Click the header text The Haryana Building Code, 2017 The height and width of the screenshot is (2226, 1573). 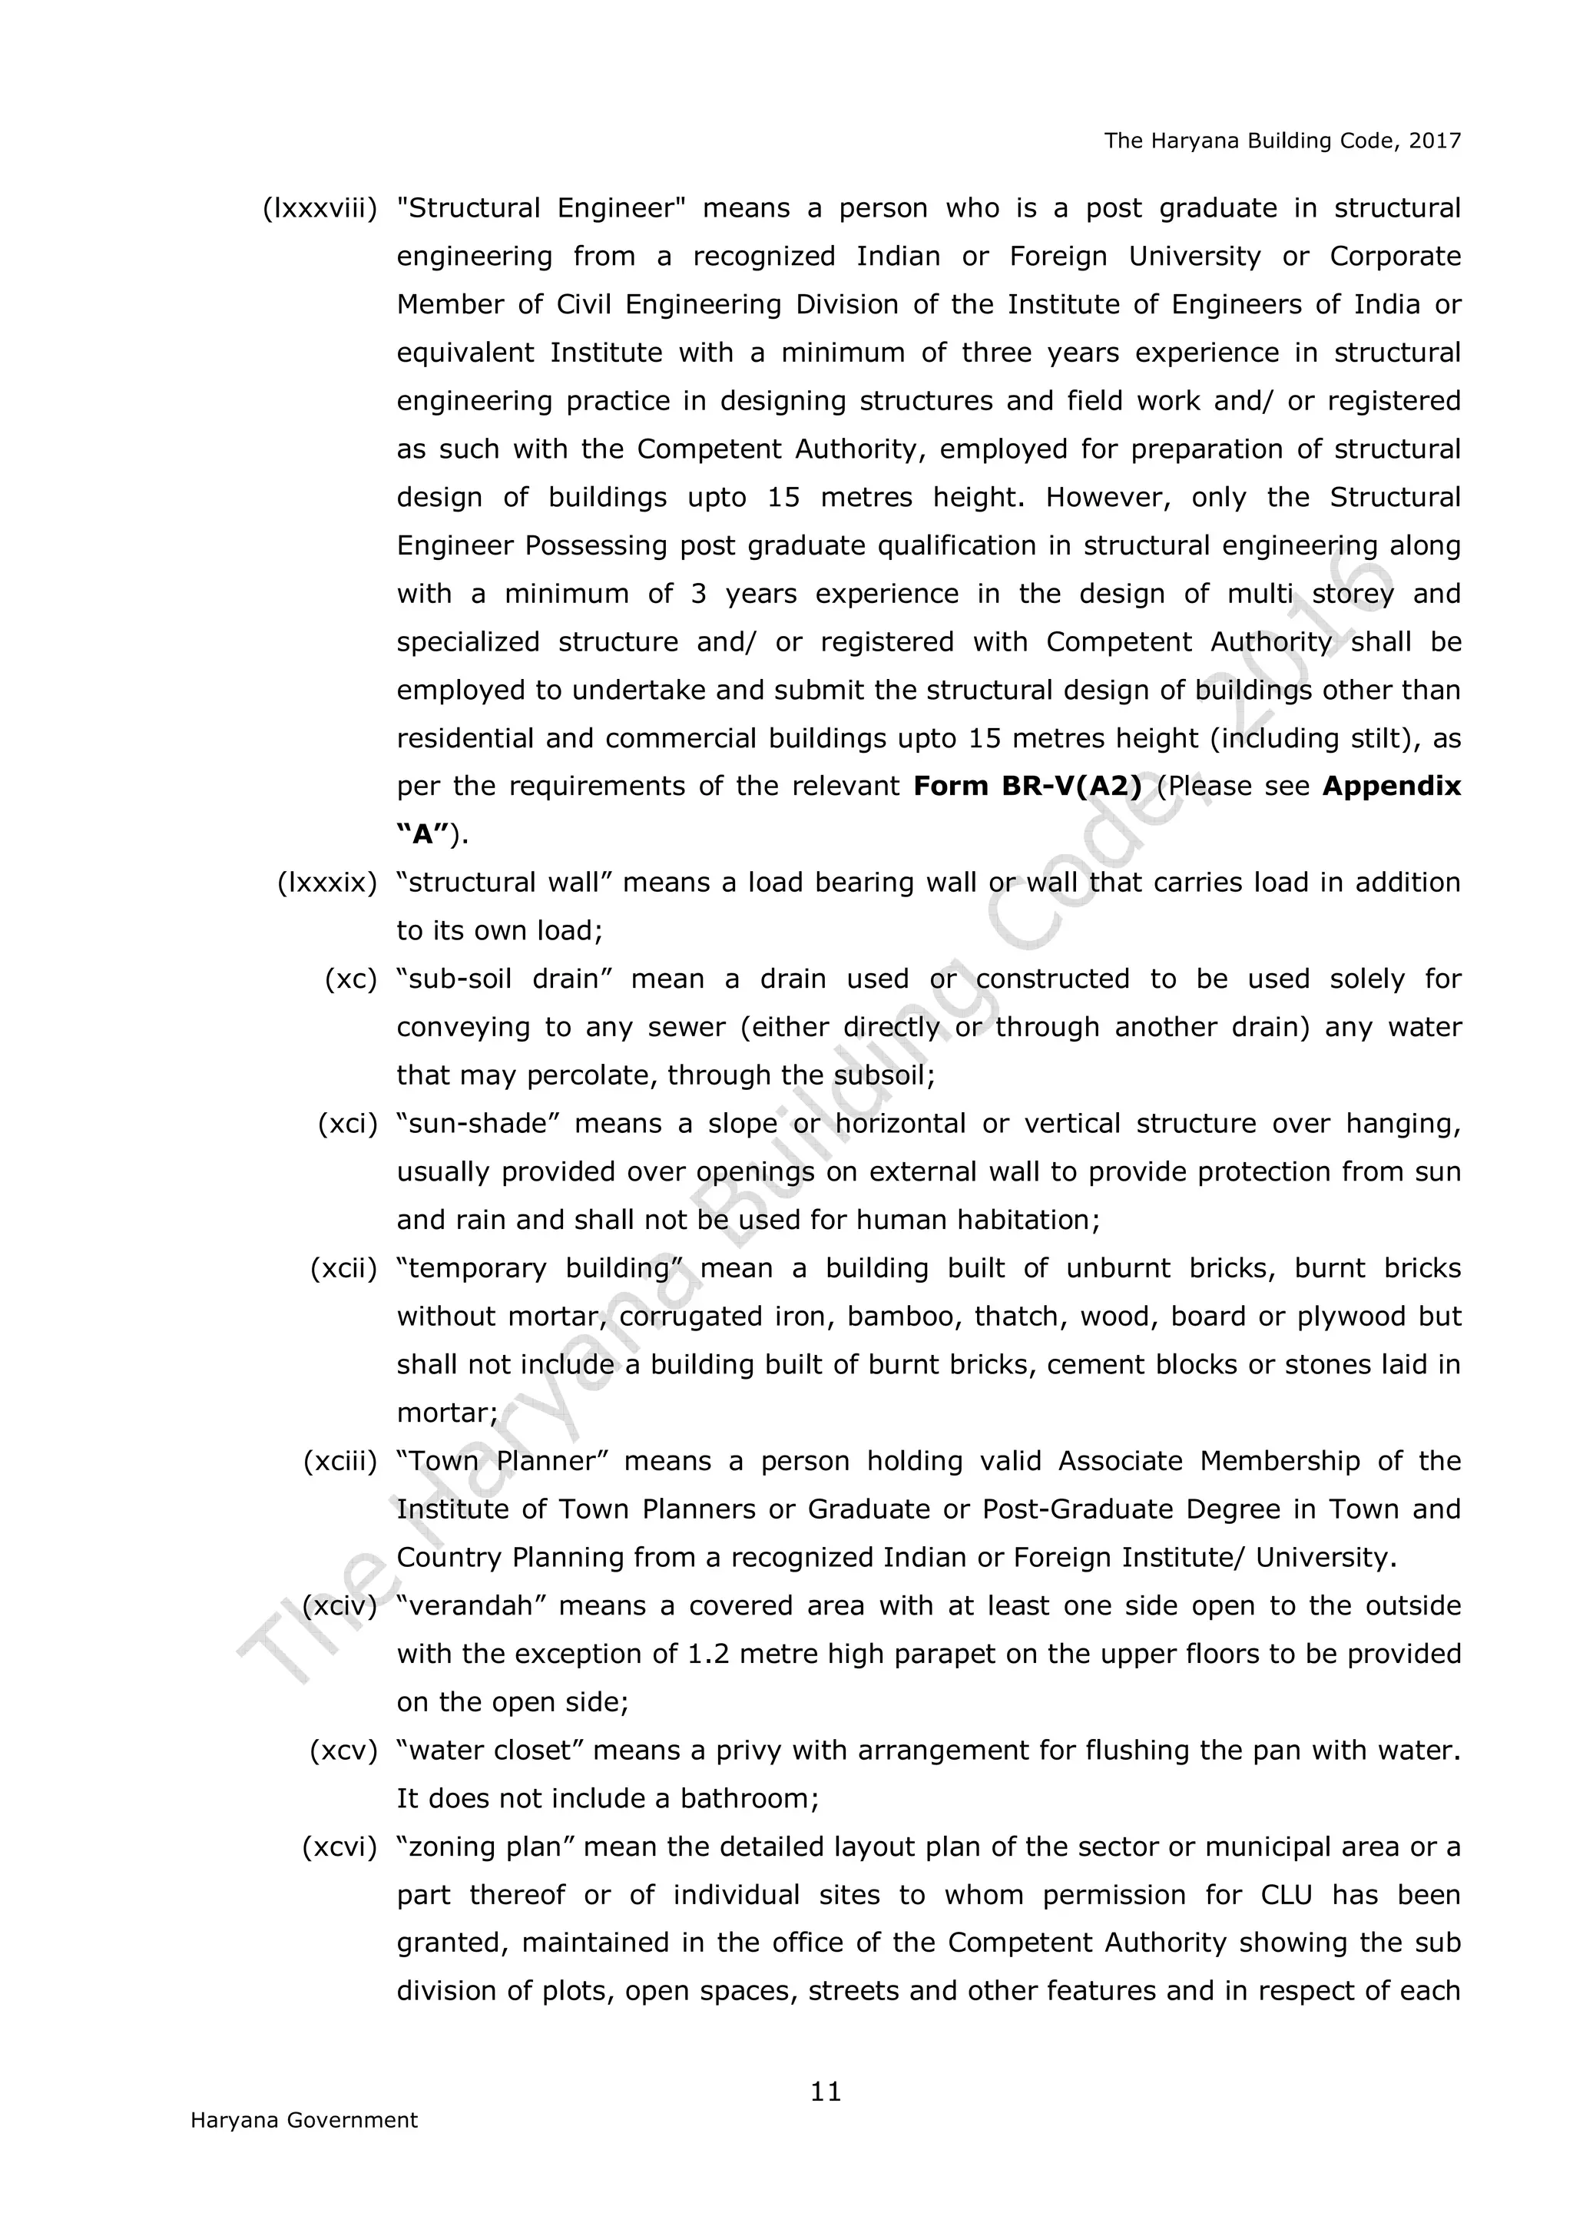[x=1281, y=141]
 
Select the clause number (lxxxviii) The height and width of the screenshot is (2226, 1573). [x=320, y=208]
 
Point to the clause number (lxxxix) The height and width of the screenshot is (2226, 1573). [x=326, y=883]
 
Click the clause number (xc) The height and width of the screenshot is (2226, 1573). [x=350, y=979]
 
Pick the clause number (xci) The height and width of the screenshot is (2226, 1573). [x=347, y=1124]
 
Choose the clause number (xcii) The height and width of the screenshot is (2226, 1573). [x=343, y=1268]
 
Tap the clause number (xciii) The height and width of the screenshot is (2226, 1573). [x=339, y=1461]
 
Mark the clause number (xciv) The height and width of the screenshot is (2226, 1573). [x=339, y=1605]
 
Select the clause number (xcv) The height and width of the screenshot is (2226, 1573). [x=343, y=1750]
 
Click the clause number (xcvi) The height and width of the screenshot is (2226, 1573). [x=339, y=1847]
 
